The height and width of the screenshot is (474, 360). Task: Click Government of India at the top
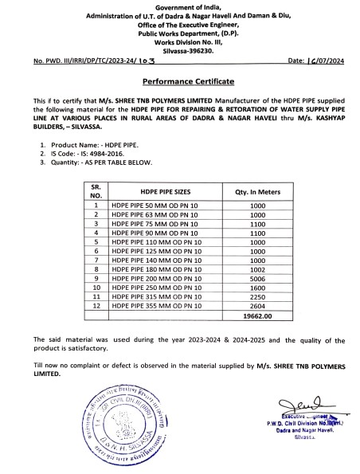click(x=179, y=6)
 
